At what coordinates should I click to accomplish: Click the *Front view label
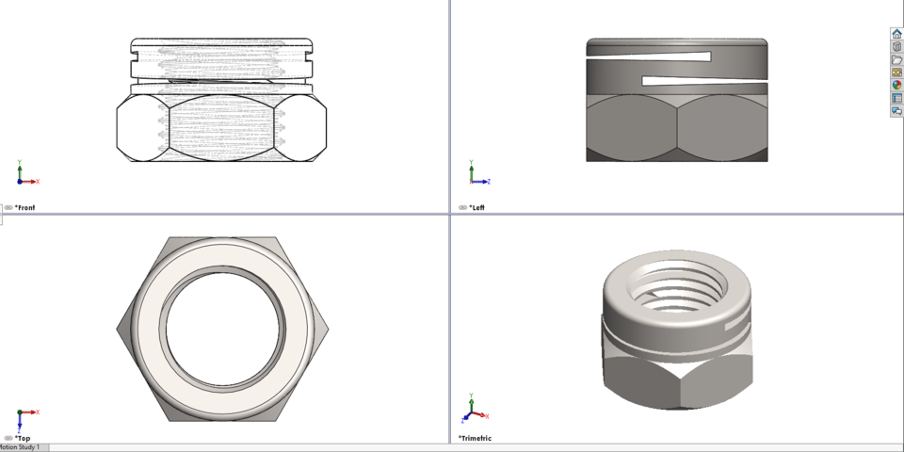click(26, 207)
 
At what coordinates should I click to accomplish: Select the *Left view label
click(476, 207)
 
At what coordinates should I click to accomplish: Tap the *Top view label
click(24, 438)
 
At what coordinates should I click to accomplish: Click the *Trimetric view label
click(476, 438)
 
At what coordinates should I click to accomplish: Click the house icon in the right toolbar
click(896, 34)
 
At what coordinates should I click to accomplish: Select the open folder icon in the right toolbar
click(896, 59)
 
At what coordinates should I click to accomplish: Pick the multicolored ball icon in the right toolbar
click(896, 85)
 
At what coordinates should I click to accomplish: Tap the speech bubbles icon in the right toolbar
click(896, 110)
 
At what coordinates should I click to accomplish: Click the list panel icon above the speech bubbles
click(896, 98)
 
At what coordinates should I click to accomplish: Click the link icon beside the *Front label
click(8, 207)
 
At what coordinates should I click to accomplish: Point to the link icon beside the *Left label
click(462, 207)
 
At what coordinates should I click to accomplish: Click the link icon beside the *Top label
click(8, 438)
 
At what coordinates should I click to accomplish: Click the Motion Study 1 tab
click(20, 447)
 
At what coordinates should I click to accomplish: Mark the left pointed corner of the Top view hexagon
click(118, 329)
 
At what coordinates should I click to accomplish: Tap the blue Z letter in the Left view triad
click(489, 182)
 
